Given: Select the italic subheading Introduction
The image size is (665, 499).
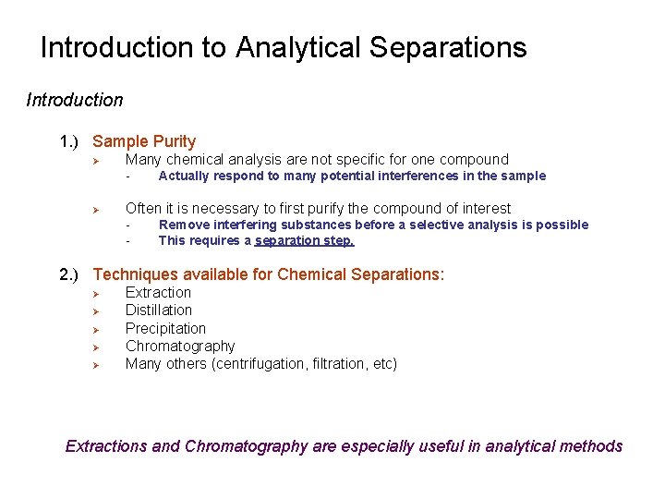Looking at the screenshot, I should click(74, 100).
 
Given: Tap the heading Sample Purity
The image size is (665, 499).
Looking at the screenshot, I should click(144, 141).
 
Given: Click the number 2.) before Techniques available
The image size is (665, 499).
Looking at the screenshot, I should click(71, 274).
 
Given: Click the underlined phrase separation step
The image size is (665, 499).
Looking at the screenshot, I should click(305, 240).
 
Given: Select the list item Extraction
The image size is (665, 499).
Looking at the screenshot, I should click(158, 292).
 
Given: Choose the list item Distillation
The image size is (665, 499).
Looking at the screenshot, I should click(159, 310).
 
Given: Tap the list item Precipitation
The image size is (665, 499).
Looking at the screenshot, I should click(165, 328).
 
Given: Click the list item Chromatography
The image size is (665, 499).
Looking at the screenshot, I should click(180, 346).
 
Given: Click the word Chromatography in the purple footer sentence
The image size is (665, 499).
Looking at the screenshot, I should click(246, 446).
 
